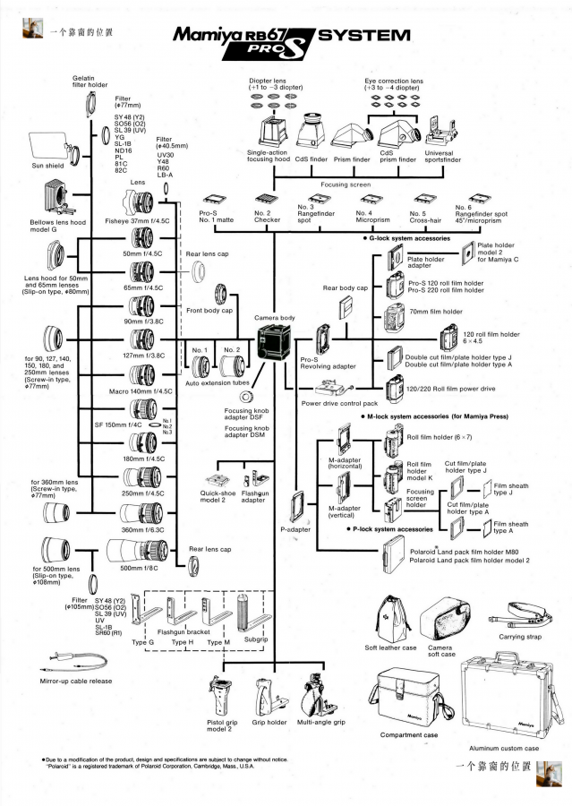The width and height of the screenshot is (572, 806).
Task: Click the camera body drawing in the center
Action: pyautogui.click(x=272, y=344)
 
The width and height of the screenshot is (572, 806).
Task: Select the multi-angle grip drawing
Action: pyautogui.click(x=320, y=694)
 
